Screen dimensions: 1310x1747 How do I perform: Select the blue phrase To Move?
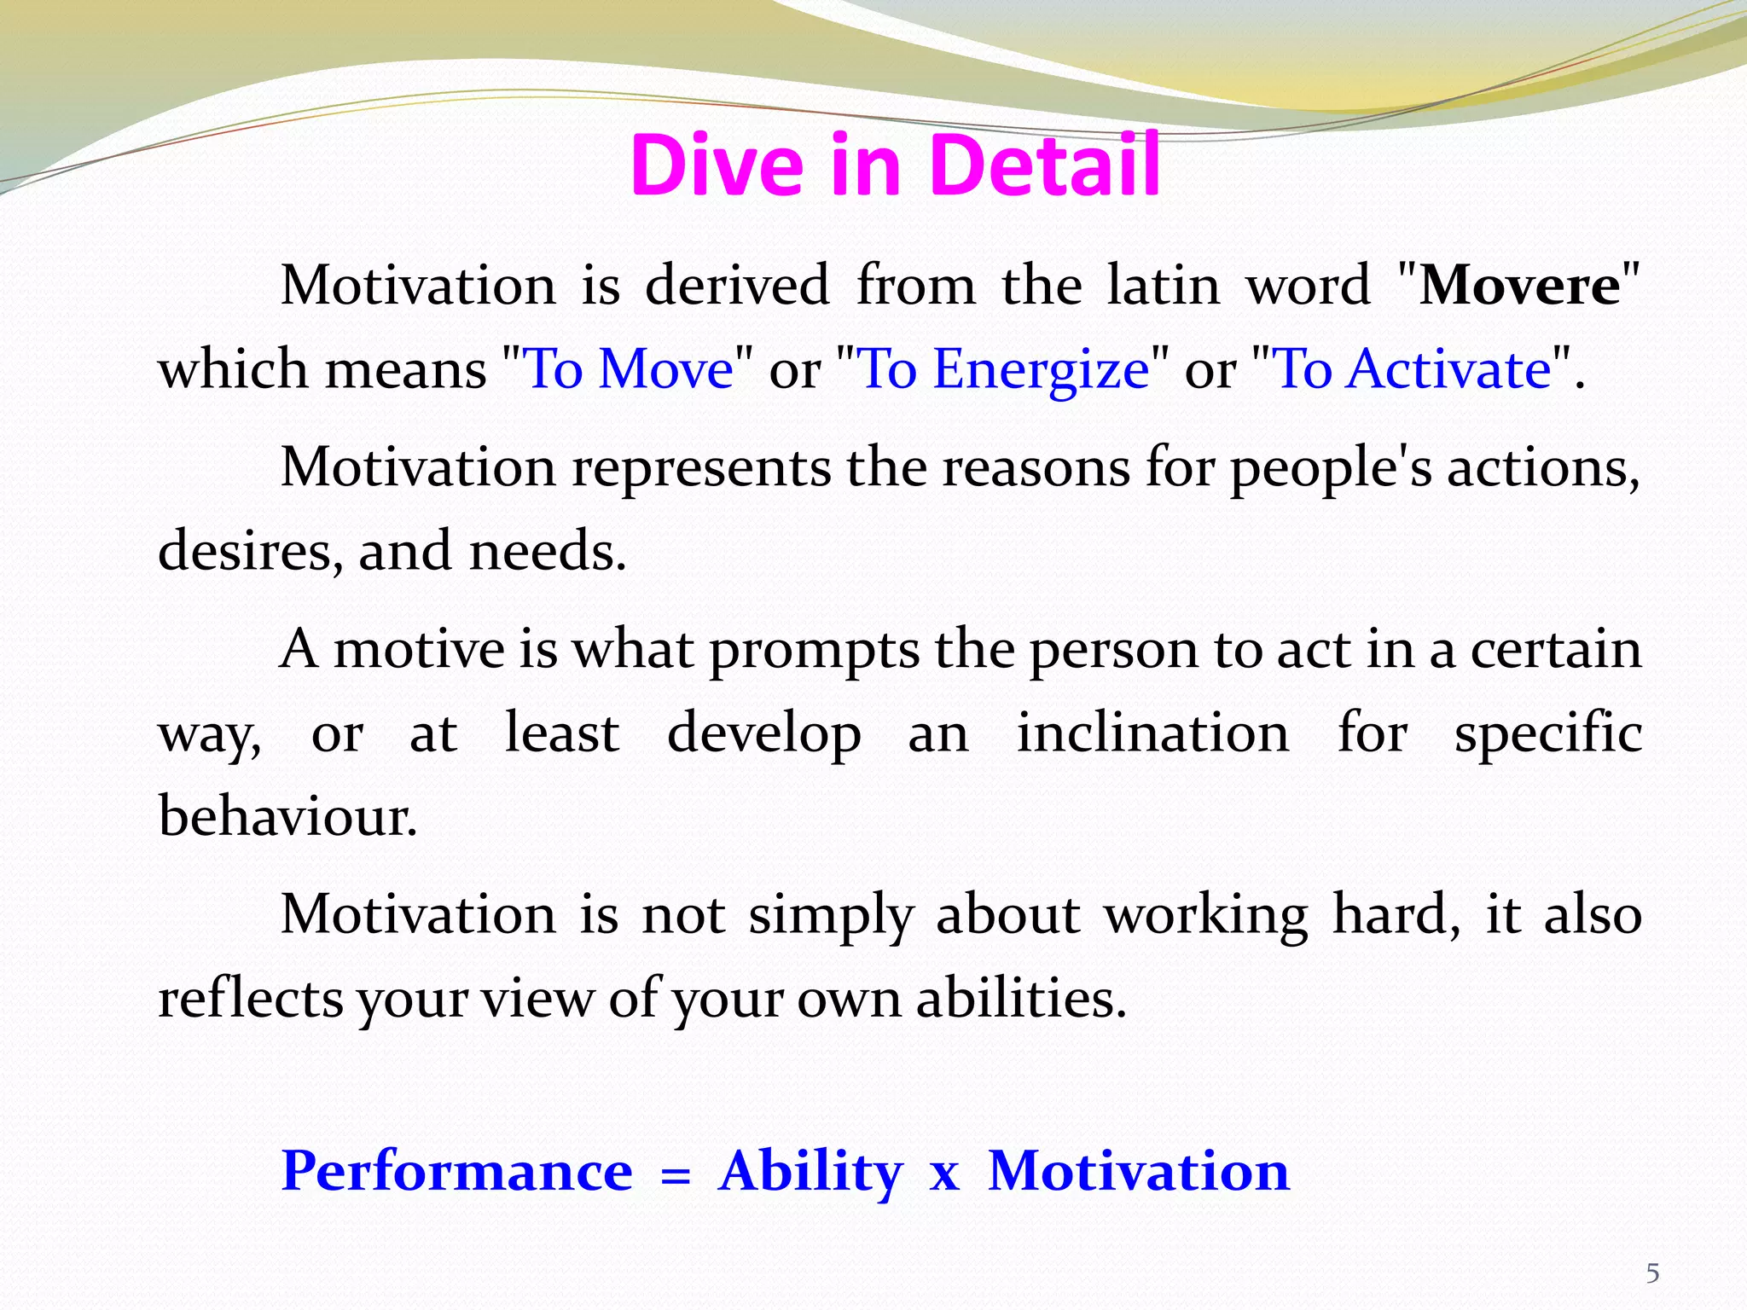629,369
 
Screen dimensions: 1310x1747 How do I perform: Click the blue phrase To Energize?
1003,369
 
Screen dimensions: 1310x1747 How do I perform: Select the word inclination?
1152,733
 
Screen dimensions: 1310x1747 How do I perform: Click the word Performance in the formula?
457,1172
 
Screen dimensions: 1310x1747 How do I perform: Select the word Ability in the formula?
810,1172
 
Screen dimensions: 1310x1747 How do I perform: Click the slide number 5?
1652,1273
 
